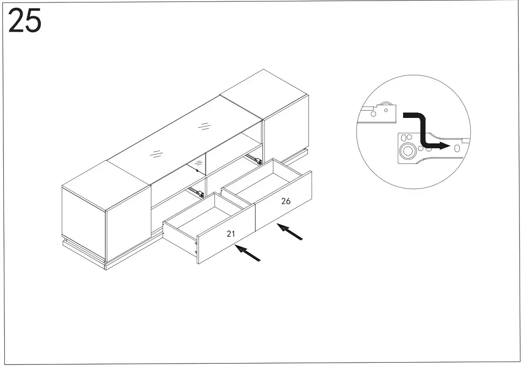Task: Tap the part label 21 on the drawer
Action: [x=231, y=234]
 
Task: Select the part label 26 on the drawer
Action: [x=286, y=201]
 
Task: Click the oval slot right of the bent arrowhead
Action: [x=458, y=147]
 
